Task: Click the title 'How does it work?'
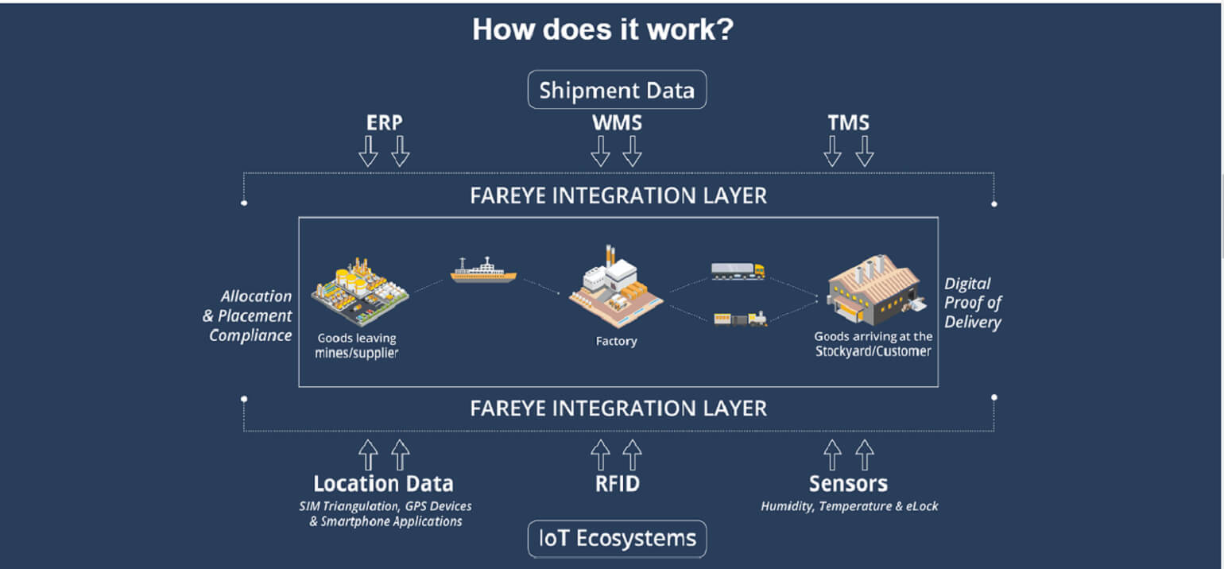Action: click(x=602, y=30)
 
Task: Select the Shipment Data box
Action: click(x=617, y=90)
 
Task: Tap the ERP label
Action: click(x=384, y=123)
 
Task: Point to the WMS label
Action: click(x=617, y=123)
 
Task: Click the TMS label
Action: click(x=848, y=123)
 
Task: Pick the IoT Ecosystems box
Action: click(x=617, y=539)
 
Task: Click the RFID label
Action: click(x=617, y=483)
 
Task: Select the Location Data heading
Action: click(x=383, y=483)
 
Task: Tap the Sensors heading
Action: click(x=848, y=483)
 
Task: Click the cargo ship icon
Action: click(x=483, y=270)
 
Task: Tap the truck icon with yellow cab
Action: click(x=738, y=271)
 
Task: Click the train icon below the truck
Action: click(x=741, y=319)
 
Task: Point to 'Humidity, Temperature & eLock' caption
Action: click(x=849, y=506)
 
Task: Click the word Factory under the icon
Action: click(x=616, y=342)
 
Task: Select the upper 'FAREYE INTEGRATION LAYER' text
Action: click(x=618, y=196)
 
